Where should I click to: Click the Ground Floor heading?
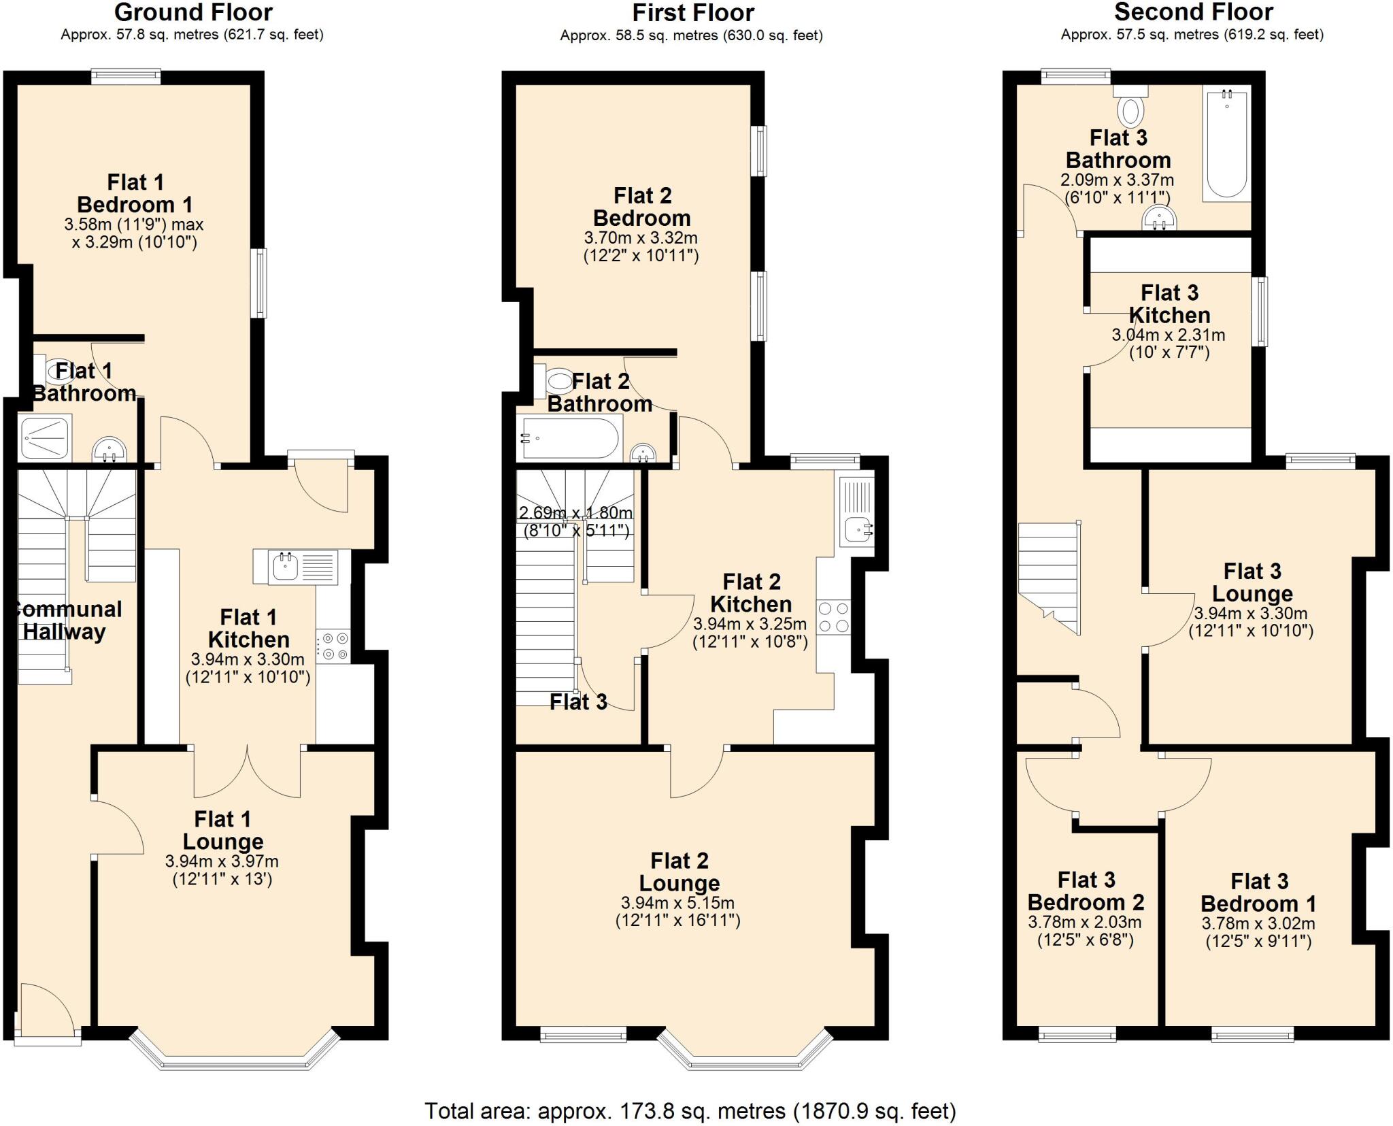pyautogui.click(x=193, y=12)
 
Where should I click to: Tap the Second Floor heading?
pyautogui.click(x=1193, y=12)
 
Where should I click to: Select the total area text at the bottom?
pyautogui.click(x=690, y=1111)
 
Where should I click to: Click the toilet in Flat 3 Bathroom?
pyautogui.click(x=1130, y=109)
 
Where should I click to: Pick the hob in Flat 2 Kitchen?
pyautogui.click(x=833, y=617)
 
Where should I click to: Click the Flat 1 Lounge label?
pyautogui.click(x=222, y=830)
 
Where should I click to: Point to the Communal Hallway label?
pyautogui.click(x=66, y=620)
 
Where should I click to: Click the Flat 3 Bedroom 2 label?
pyautogui.click(x=1086, y=891)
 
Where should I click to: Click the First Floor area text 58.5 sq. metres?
pyautogui.click(x=691, y=35)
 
